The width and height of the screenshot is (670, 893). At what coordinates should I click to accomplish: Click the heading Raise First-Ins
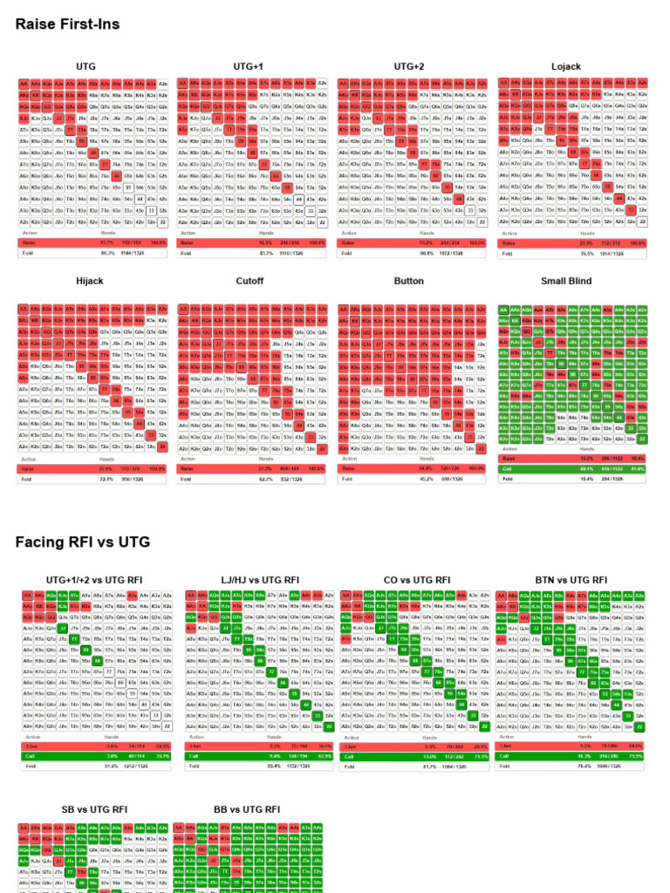67,24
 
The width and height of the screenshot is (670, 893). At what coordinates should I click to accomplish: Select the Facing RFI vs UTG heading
83,542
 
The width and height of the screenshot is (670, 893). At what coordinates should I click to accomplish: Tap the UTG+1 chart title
249,66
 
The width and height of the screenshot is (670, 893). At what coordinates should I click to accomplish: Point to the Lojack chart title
565,66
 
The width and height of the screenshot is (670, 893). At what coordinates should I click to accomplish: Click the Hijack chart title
89,281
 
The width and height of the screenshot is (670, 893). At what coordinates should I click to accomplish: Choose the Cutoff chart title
250,281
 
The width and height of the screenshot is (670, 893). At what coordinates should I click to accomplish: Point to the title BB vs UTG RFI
247,809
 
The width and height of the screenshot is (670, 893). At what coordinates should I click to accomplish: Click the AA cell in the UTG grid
24,84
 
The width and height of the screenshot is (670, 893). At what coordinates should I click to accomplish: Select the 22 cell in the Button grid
482,447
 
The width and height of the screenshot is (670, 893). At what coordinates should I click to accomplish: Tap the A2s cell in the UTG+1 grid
322,84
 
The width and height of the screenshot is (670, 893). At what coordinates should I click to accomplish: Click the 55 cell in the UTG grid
127,187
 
